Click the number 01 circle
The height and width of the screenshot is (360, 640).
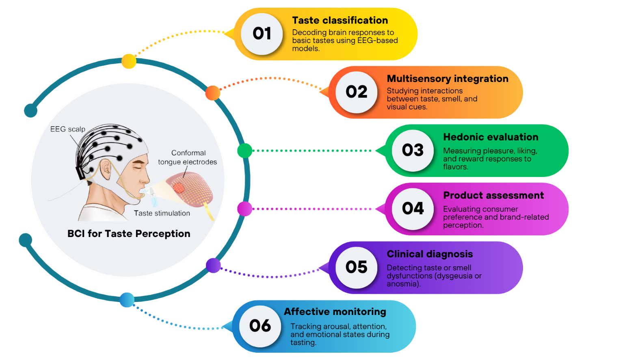(x=262, y=34)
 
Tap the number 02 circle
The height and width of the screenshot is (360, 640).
(x=356, y=92)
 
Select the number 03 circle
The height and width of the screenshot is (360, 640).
(x=413, y=151)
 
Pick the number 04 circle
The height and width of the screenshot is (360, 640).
(x=413, y=209)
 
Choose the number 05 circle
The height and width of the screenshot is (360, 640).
(x=356, y=267)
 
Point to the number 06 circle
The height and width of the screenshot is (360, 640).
(x=260, y=326)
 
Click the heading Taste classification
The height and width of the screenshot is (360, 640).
(x=340, y=20)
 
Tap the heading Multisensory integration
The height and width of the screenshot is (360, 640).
(x=447, y=79)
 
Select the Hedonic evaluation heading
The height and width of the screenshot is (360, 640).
(x=491, y=137)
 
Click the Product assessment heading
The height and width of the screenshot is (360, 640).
(x=493, y=196)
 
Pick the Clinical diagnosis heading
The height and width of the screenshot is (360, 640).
(x=430, y=254)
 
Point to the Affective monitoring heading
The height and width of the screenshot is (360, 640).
(x=335, y=312)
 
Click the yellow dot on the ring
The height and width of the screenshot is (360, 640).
(x=129, y=61)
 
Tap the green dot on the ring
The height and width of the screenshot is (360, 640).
(x=244, y=151)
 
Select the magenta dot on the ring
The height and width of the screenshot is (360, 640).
(x=244, y=209)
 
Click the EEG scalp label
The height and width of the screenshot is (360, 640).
(x=68, y=129)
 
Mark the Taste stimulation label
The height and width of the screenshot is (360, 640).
(x=162, y=213)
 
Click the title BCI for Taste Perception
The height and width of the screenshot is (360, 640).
(x=129, y=234)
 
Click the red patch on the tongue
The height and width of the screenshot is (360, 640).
(x=179, y=187)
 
